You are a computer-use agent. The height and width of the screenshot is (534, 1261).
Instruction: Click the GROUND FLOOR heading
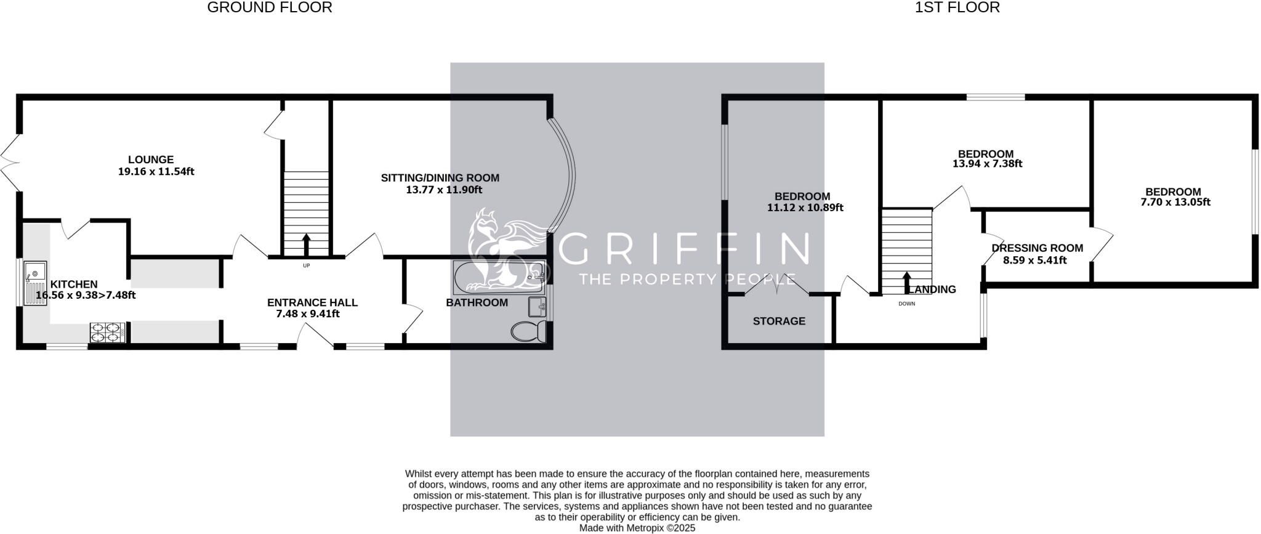tap(270, 7)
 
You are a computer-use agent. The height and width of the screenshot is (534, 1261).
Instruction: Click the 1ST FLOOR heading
tap(957, 7)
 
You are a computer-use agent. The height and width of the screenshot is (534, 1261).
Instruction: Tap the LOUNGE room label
tap(151, 160)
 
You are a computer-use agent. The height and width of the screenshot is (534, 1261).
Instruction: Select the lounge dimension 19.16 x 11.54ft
tap(156, 171)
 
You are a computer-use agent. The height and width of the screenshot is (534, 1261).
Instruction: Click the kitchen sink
tap(35, 283)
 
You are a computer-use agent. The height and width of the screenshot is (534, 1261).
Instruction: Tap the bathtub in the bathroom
tap(499, 277)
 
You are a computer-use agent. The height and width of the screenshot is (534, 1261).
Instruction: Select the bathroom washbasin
tap(538, 306)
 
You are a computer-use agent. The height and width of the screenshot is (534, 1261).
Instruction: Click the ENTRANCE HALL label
tap(312, 302)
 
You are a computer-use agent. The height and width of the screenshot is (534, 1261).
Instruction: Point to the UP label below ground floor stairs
tap(306, 265)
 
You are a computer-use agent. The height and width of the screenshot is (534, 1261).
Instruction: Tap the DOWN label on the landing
tap(907, 304)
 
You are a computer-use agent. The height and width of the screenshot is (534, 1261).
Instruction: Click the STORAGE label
tap(779, 321)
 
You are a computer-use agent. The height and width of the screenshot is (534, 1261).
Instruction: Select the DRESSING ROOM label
tap(1037, 248)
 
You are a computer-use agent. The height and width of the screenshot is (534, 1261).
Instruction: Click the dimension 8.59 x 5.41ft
tap(1035, 260)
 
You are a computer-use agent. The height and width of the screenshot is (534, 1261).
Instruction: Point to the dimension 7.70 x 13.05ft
tap(1175, 202)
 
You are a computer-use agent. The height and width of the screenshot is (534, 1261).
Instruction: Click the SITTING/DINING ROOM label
tap(440, 178)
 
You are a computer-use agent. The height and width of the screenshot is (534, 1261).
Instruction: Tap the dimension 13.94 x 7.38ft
tap(987, 164)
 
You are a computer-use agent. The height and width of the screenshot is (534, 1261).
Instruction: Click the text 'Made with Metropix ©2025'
tap(637, 528)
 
